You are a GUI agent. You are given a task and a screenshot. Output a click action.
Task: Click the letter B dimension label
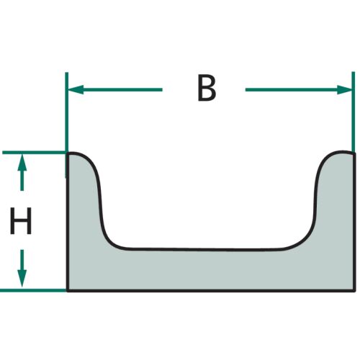[207, 89]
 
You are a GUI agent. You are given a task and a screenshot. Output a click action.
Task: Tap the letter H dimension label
[21, 220]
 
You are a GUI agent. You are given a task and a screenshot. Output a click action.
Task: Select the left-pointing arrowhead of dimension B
[76, 90]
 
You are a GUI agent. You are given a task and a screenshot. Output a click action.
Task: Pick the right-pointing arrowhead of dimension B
[344, 90]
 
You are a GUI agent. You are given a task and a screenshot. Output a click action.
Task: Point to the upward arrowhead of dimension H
[22, 162]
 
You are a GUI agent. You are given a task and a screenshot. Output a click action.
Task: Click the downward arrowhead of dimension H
[22, 279]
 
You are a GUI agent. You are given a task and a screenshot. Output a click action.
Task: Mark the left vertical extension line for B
[67, 125]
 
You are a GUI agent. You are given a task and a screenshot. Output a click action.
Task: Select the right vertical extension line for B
[353, 112]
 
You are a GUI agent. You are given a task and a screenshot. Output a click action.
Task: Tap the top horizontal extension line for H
[35, 153]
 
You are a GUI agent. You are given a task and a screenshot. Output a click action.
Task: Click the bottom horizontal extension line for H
[33, 290]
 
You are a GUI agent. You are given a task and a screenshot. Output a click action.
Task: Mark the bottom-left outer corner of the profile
[68, 291]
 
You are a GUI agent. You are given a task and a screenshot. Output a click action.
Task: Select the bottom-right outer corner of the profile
[354, 291]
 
